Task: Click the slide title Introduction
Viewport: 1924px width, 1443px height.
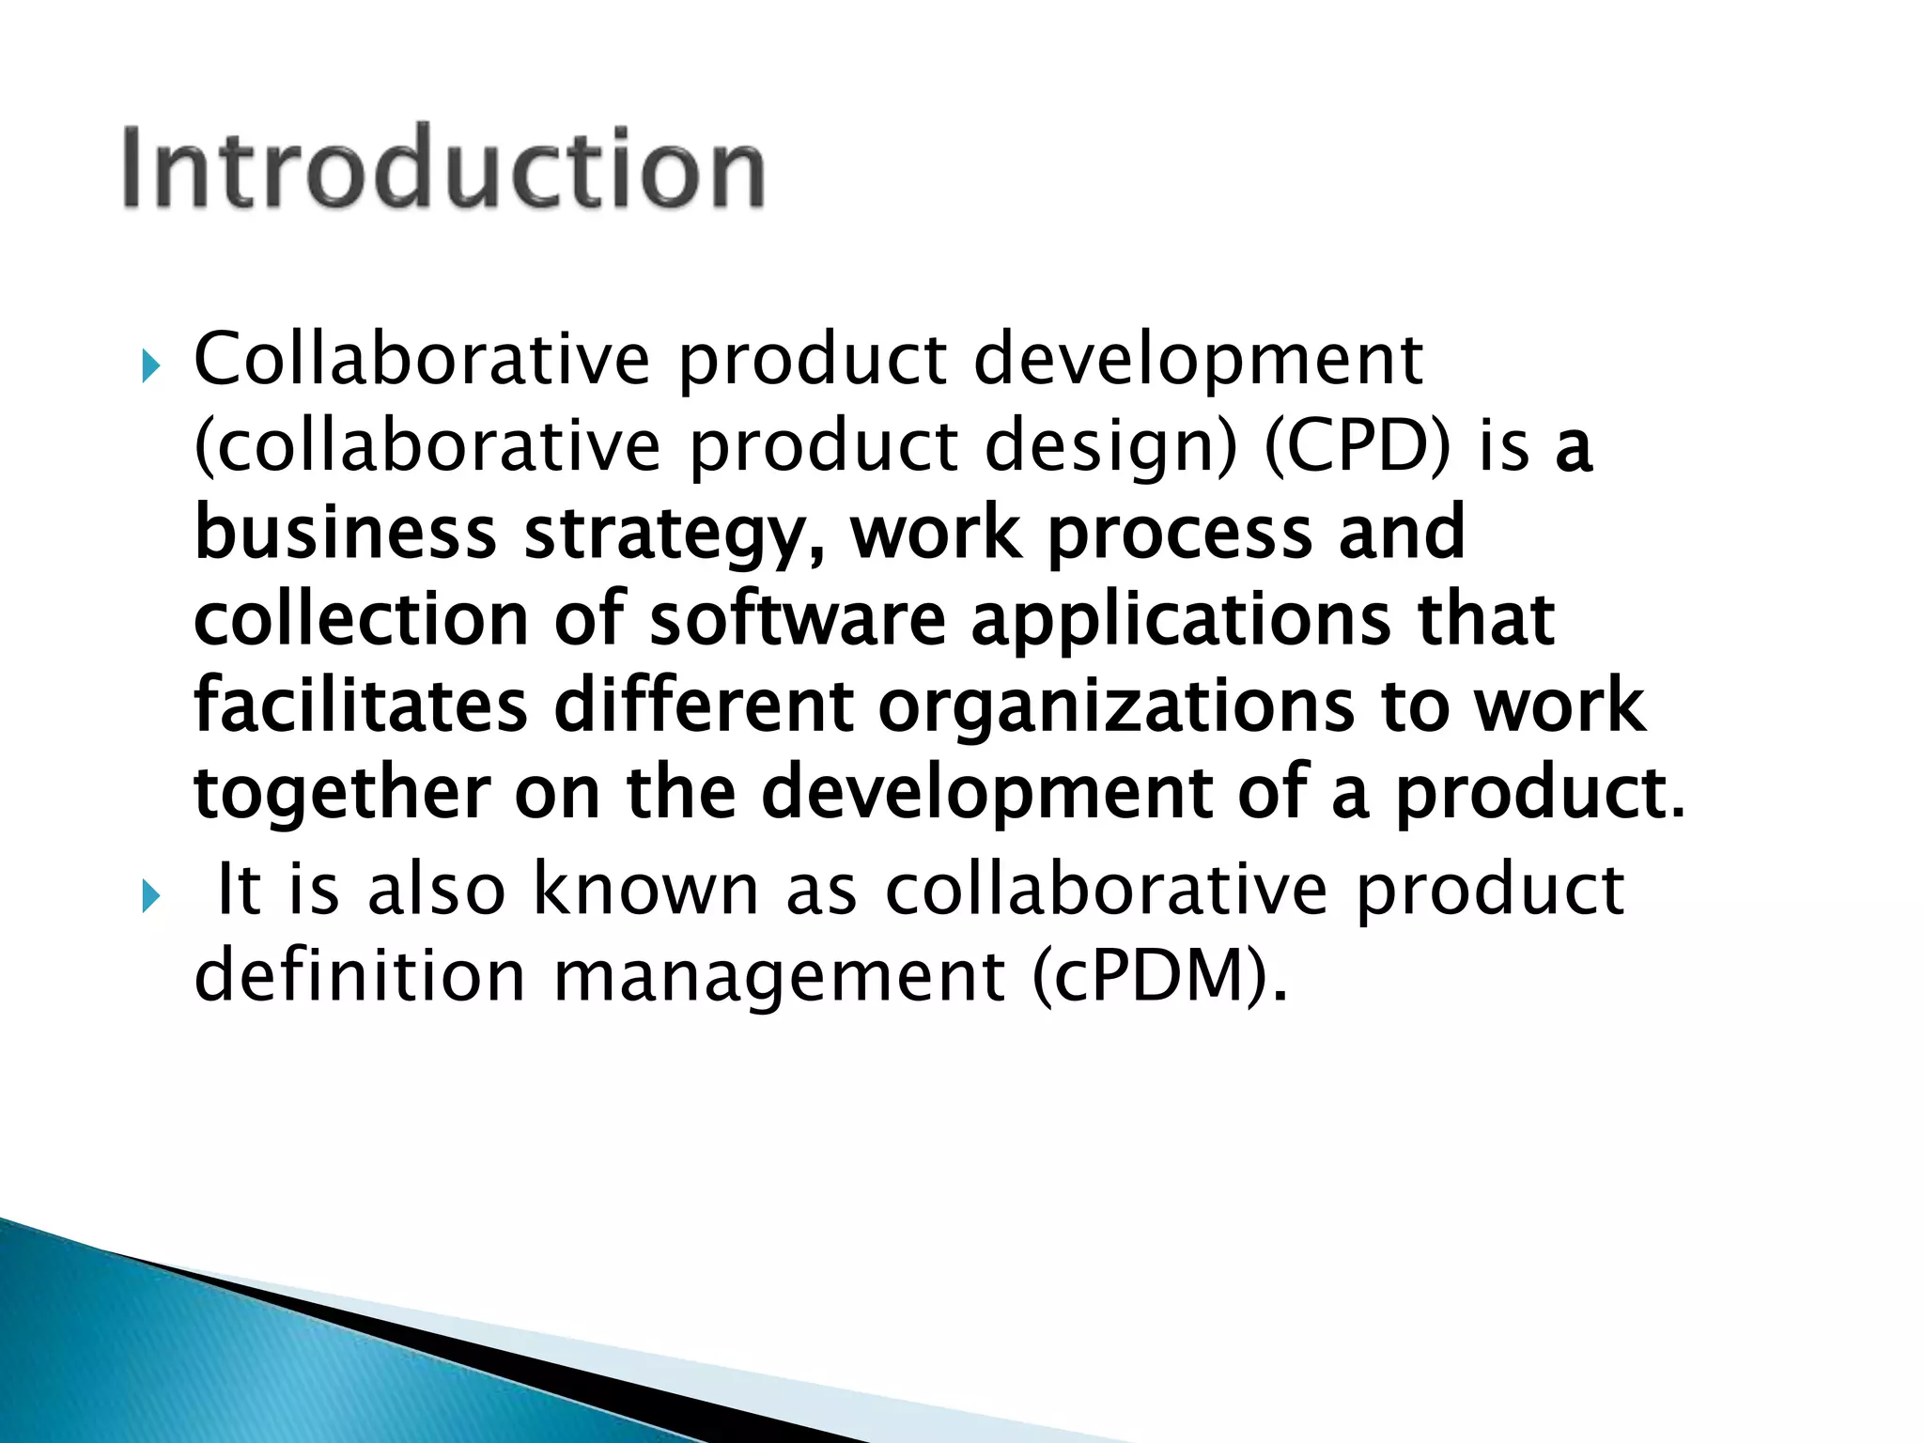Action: [x=442, y=167]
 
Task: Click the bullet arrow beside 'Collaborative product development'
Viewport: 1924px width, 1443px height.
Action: [x=151, y=365]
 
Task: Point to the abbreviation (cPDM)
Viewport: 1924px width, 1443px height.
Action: [x=1158, y=977]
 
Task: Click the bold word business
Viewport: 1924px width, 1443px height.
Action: [x=345, y=533]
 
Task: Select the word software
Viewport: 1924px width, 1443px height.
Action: [x=798, y=619]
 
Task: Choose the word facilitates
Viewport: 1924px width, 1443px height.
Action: [x=361, y=706]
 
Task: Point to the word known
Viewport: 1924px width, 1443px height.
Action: [x=645, y=889]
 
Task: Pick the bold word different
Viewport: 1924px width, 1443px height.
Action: [x=704, y=706]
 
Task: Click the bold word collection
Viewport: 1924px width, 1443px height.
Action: [x=362, y=619]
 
